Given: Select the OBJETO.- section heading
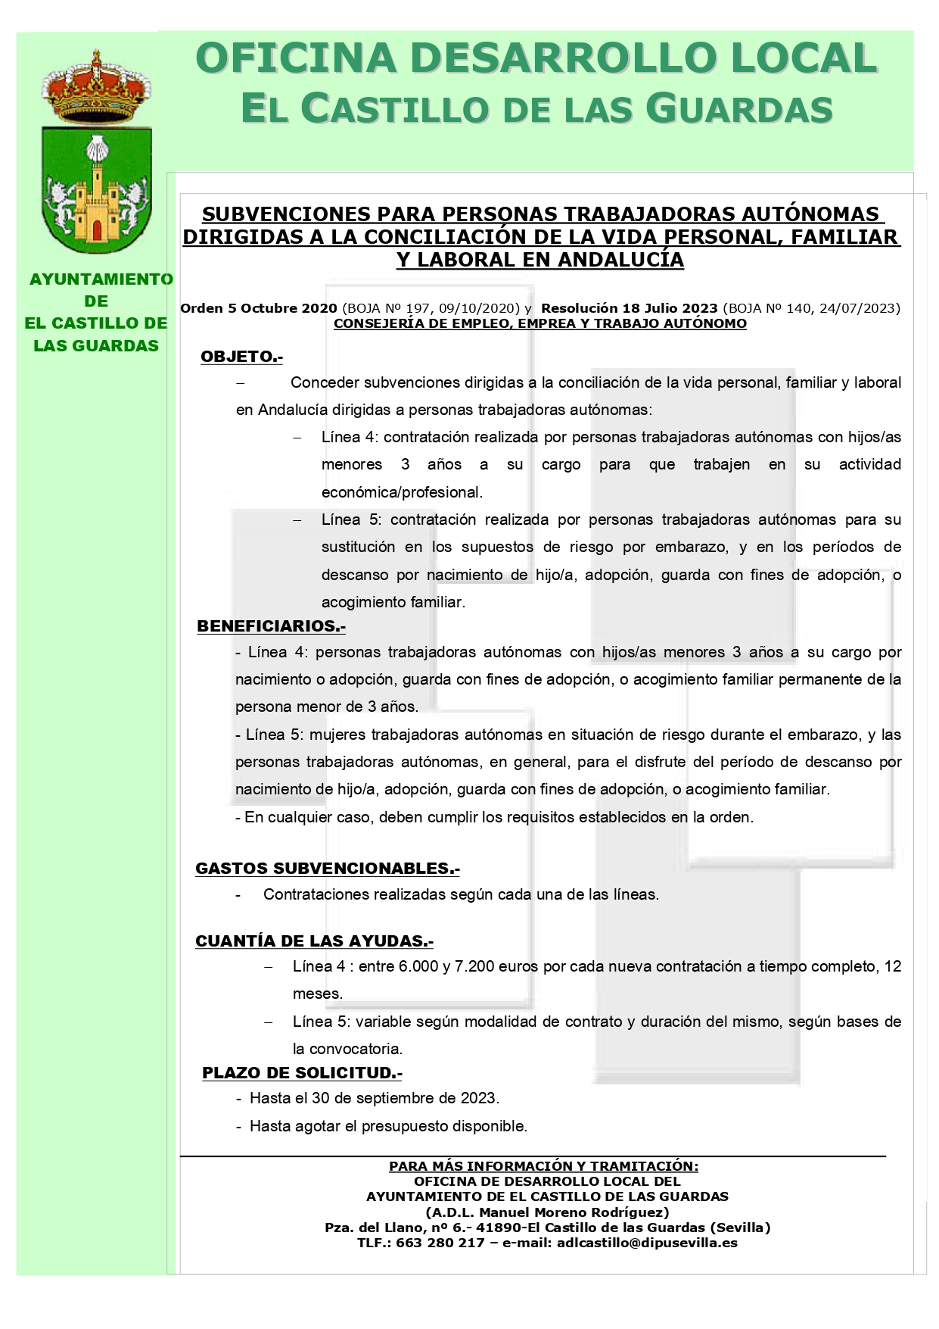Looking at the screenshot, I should point(241,357).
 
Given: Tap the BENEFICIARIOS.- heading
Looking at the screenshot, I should point(271,626).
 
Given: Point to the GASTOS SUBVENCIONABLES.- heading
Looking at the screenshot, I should point(327,869).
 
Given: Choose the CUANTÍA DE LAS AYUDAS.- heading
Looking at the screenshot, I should point(314,941).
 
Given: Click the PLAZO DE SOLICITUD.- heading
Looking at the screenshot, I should point(302,1073).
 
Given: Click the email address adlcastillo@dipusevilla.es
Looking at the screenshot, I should point(647,1243).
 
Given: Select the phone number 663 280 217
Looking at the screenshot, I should point(440,1243).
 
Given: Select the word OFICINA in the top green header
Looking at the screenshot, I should point(296,59).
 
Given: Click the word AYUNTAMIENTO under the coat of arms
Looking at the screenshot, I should point(101,279).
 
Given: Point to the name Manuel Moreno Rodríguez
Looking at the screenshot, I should point(574,1212).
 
